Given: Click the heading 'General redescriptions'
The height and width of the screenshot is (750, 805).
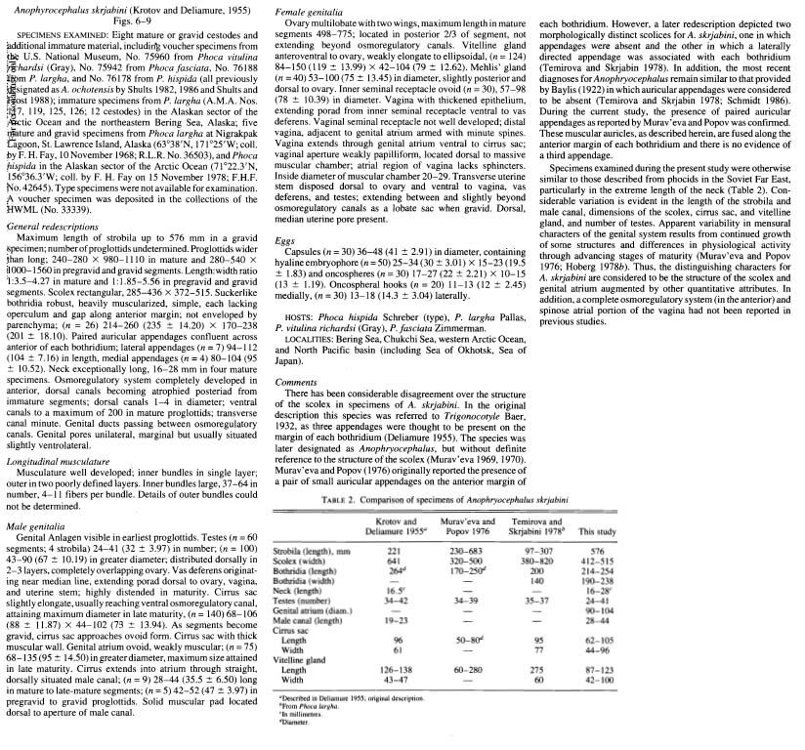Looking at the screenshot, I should (x=49, y=253).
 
